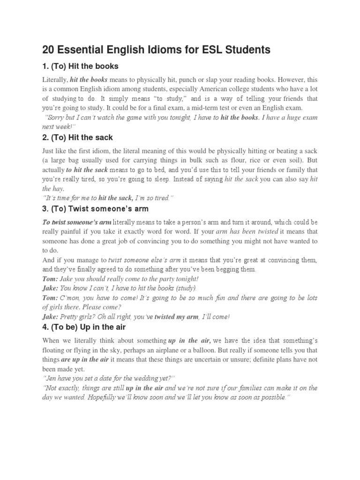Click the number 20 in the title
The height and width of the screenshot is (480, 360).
pyautogui.click(x=49, y=49)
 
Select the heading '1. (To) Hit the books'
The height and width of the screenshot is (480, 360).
pyautogui.click(x=80, y=66)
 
